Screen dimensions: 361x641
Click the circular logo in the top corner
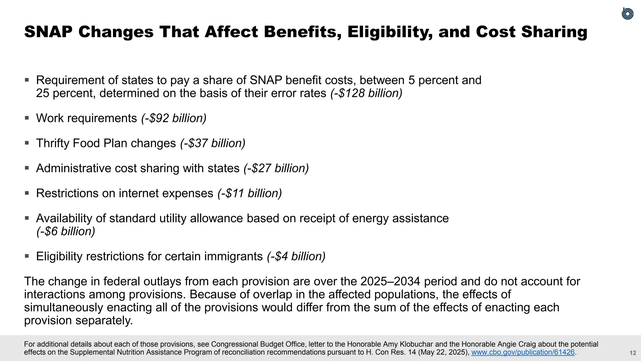tap(627, 14)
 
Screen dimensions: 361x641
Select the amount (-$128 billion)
tap(366, 93)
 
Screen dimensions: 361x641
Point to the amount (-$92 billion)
tap(174, 118)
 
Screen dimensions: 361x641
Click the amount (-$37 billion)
tap(213, 143)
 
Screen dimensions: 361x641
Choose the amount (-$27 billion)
tap(276, 168)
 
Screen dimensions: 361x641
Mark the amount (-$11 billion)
tap(249, 193)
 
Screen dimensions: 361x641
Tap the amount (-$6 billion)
tap(66, 232)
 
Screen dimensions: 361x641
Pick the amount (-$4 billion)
tap(296, 256)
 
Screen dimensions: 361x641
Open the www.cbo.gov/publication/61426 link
tap(523, 352)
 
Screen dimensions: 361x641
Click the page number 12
tap(633, 353)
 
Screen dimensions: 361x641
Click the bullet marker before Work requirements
tap(27, 118)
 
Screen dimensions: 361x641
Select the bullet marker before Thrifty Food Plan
tap(27, 143)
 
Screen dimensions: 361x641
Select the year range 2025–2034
tap(390, 281)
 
